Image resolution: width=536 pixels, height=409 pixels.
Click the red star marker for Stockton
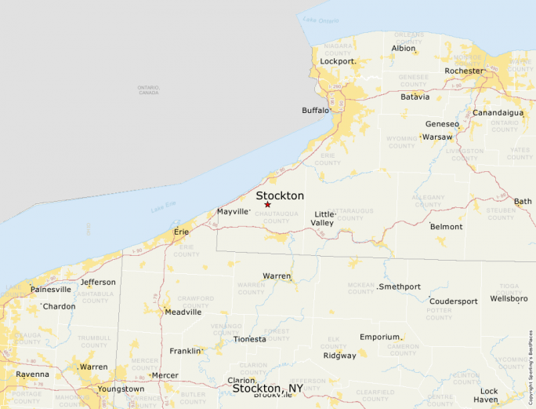(267, 205)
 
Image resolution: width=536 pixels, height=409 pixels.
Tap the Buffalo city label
(316, 111)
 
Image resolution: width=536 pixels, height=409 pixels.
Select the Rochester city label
(464, 71)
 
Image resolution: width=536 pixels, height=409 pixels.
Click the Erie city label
(181, 232)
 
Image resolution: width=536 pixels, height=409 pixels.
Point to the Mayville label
(233, 212)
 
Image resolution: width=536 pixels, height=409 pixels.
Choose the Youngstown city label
(121, 389)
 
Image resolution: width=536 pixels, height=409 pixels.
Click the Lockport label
(338, 60)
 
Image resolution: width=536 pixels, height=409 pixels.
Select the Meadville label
(183, 312)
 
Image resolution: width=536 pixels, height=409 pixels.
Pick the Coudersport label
(453, 301)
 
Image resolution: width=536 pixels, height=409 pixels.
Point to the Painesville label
(51, 289)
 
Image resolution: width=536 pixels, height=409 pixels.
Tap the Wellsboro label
(509, 299)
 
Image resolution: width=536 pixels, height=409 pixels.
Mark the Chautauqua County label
(272, 217)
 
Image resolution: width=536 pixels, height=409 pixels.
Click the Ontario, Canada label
(148, 90)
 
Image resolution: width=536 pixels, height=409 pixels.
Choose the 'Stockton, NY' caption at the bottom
(267, 389)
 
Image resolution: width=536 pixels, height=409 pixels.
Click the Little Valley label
(324, 218)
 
